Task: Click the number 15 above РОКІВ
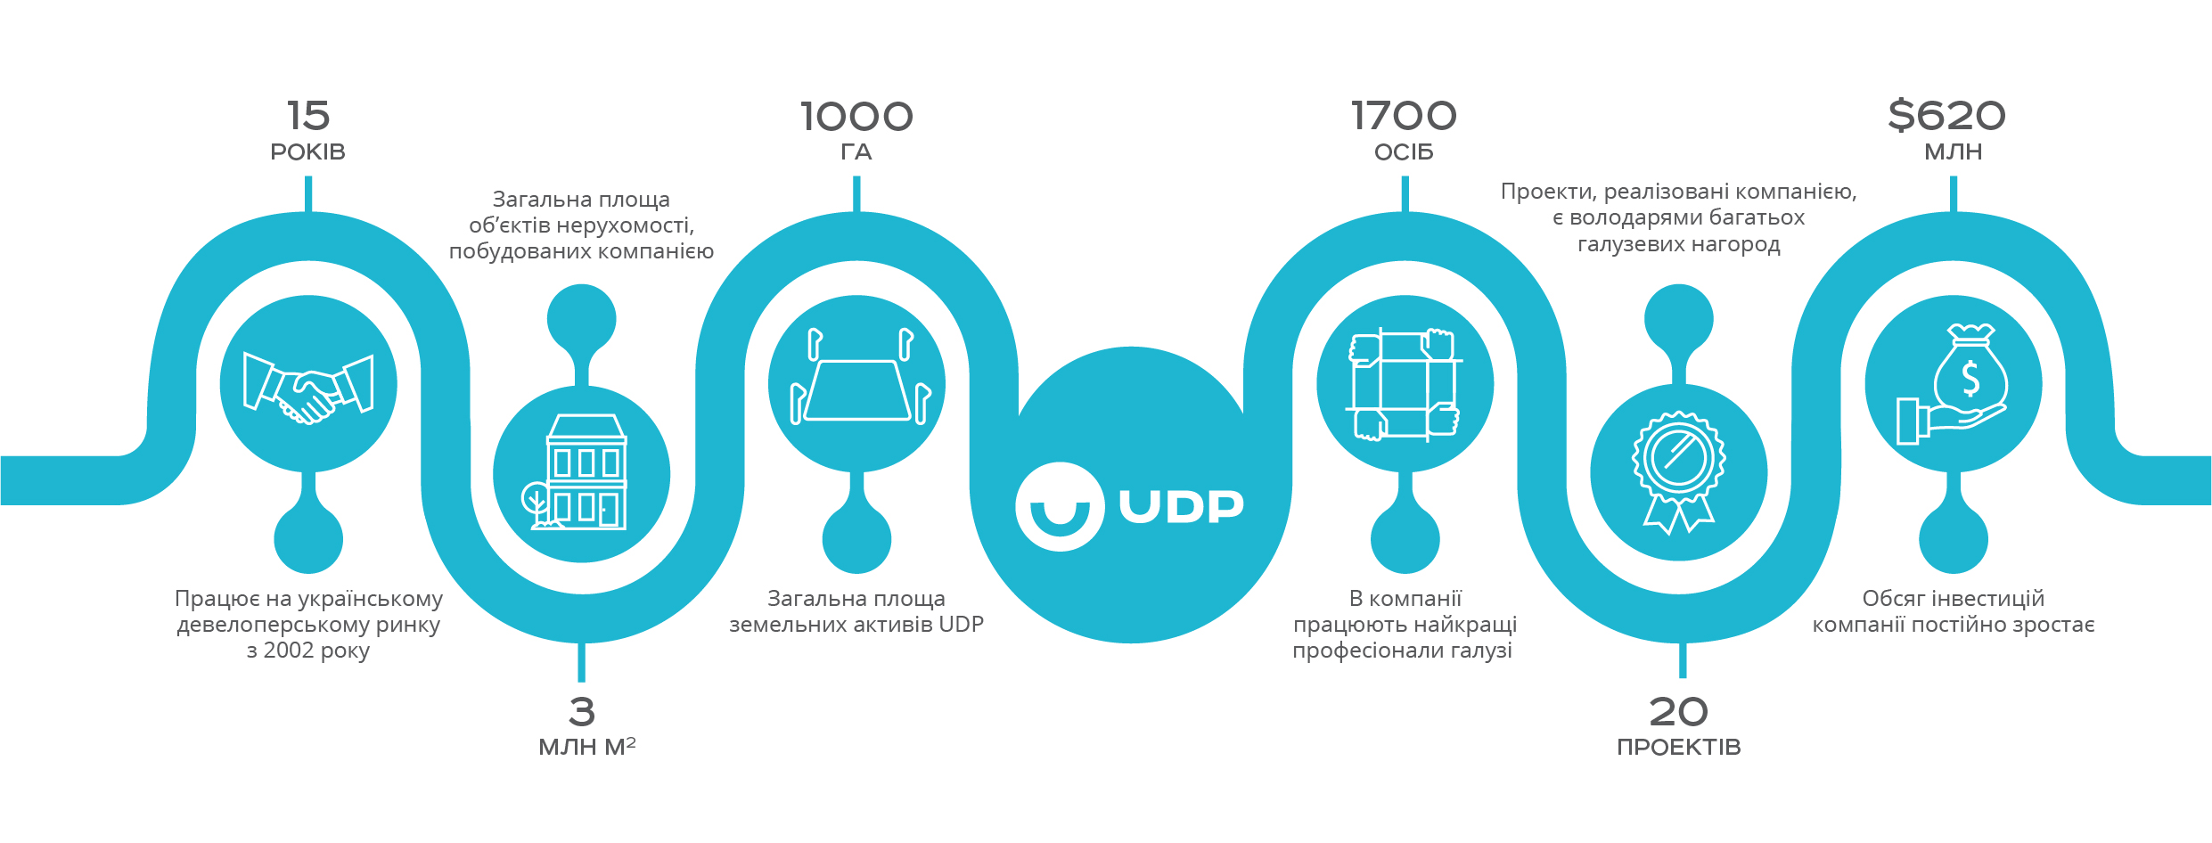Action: (x=308, y=116)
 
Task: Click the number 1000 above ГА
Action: (x=856, y=117)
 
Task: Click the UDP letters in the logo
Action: (x=1181, y=506)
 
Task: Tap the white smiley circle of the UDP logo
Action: (x=1060, y=506)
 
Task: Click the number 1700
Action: (x=1404, y=116)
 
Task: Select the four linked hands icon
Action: (x=1405, y=384)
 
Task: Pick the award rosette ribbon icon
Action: (x=1679, y=472)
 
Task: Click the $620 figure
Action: (x=1947, y=116)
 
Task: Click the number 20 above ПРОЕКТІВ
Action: (x=1679, y=712)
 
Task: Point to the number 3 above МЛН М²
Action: (x=582, y=712)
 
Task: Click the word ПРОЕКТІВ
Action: (x=1679, y=748)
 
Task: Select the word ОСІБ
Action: (x=1404, y=152)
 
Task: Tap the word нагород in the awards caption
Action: (x=1724, y=244)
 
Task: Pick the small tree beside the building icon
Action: (x=537, y=503)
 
